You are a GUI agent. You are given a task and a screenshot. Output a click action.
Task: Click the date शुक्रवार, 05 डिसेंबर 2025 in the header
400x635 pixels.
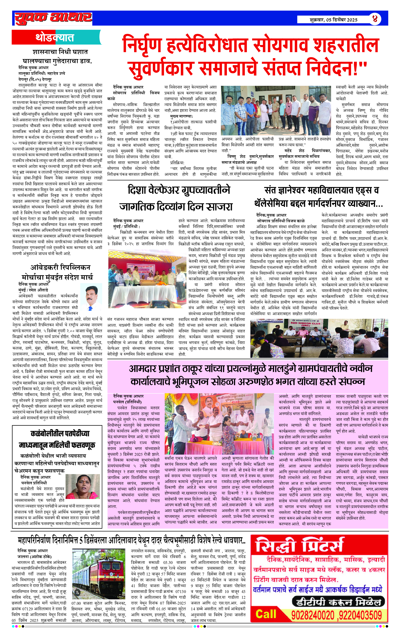[333, 20]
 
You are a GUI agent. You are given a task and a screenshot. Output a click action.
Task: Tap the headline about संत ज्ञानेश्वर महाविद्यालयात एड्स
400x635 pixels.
[319, 197]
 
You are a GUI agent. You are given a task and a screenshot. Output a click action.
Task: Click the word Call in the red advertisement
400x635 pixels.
[266, 615]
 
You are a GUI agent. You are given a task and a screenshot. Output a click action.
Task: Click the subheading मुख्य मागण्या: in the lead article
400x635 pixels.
[181, 116]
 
